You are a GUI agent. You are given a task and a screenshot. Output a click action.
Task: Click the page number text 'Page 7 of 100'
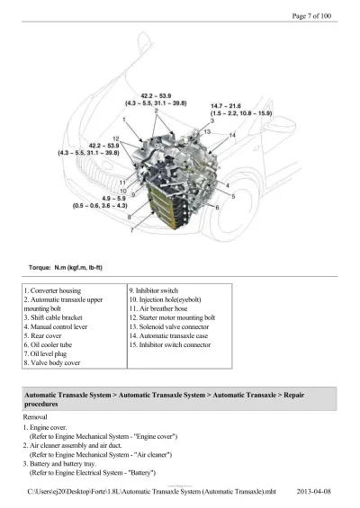tap(311, 16)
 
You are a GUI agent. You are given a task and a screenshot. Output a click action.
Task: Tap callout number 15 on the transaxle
tap(157, 147)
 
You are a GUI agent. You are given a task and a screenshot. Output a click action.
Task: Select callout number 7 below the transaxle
tap(131, 230)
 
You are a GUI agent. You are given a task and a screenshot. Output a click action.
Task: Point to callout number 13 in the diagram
tap(207, 131)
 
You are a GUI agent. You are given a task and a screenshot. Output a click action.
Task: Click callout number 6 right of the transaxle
tap(217, 208)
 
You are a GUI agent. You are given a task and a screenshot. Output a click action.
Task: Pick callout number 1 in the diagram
tap(124, 120)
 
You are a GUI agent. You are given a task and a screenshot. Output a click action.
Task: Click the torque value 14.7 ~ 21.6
tap(226, 106)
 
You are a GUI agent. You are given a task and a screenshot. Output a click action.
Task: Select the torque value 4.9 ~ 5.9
tap(113, 199)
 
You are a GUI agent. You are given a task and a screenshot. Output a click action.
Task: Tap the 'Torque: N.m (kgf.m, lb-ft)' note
tap(66, 268)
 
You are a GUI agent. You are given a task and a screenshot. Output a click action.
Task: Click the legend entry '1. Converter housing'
tap(52, 290)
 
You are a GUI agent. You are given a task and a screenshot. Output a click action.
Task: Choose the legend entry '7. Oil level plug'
tap(45, 353)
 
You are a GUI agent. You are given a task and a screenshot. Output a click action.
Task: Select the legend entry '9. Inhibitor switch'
tap(154, 290)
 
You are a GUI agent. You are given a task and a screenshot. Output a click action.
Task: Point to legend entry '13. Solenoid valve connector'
tap(169, 326)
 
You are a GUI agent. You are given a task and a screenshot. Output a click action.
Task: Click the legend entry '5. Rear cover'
tap(42, 335)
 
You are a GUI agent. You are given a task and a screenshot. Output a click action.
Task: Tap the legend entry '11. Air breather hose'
tap(158, 308)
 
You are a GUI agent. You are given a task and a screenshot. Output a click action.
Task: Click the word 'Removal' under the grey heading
tap(35, 417)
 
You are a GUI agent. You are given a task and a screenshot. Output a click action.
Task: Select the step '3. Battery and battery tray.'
tap(59, 464)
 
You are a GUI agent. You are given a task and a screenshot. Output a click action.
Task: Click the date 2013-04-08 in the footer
tap(313, 492)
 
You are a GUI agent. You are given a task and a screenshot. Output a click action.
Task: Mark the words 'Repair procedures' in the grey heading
tap(165, 399)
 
